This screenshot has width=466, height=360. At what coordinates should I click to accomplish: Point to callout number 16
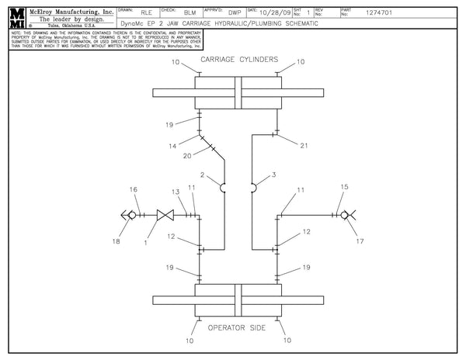click(x=133, y=189)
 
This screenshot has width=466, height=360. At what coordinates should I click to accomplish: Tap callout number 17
click(x=360, y=241)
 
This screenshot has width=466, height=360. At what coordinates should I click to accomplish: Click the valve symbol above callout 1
click(x=164, y=215)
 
